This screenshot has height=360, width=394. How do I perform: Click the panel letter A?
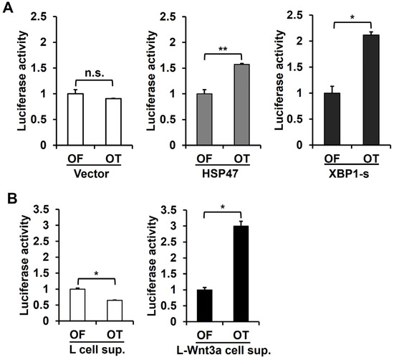[x=9, y=9]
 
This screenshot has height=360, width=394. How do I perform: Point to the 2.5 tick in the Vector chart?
[x=49, y=16]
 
